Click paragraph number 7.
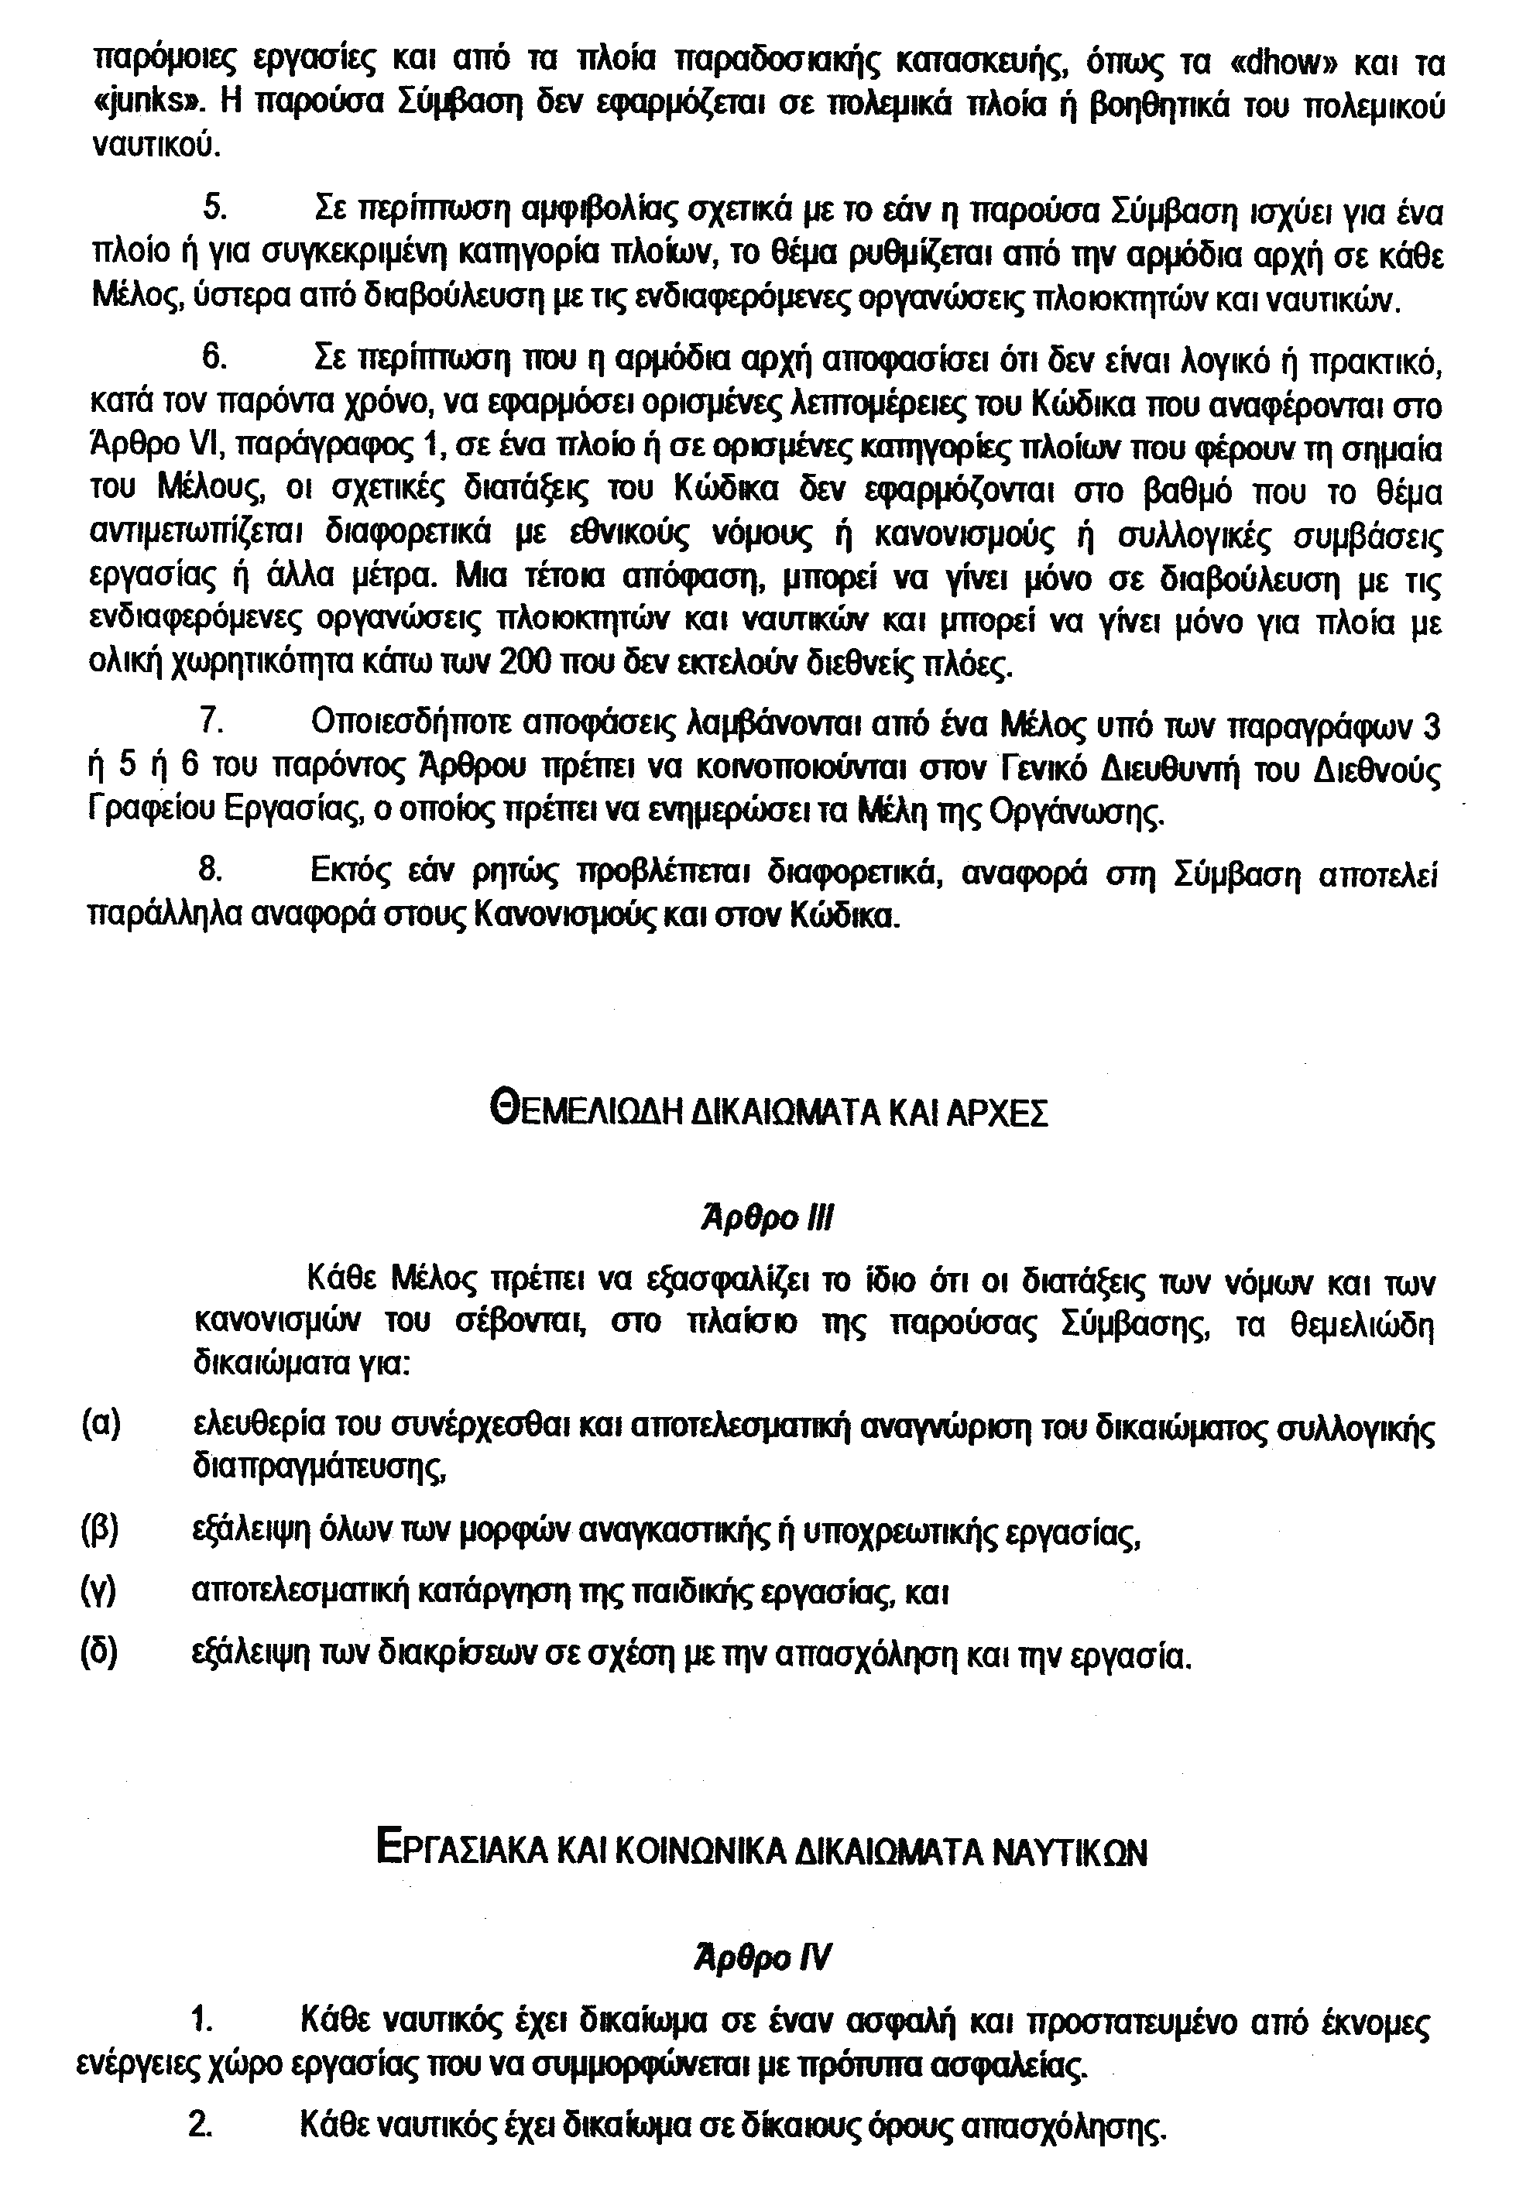tap(213, 726)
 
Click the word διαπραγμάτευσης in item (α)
tap(320, 1465)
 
